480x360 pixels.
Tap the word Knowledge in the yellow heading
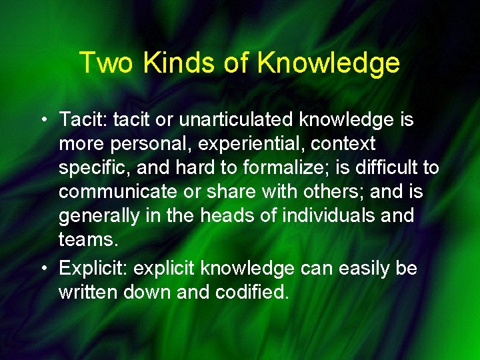coord(328,63)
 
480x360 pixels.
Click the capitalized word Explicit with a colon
coord(93,269)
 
